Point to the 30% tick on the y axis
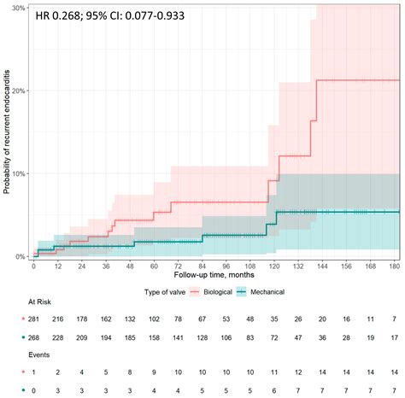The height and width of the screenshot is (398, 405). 19,7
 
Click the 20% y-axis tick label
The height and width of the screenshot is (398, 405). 19,90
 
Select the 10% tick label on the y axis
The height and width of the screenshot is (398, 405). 19,173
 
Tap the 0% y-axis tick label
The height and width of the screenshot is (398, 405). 21,256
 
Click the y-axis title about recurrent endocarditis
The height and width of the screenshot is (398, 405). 7,132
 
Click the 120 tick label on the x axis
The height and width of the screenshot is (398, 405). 274,266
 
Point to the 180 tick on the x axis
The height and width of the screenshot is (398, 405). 395,266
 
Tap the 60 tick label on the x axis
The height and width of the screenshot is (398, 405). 154,266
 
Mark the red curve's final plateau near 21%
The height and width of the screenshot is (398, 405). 359,80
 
